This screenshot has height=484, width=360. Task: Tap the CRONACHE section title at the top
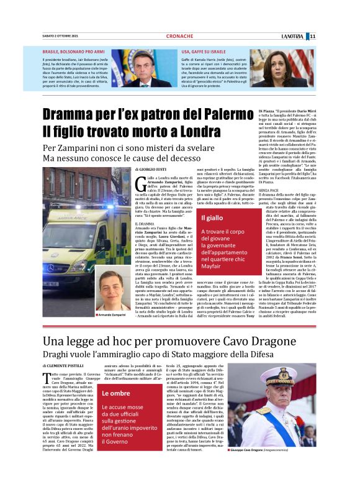point(179,36)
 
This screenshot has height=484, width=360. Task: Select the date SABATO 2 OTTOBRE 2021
point(61,36)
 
